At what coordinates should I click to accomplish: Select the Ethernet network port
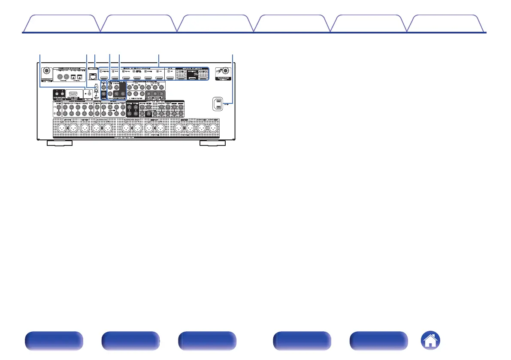pos(92,76)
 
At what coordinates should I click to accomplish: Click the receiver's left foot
pos(59,143)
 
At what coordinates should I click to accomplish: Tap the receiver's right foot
pos(213,143)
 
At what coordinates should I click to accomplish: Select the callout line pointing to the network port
pos(94,60)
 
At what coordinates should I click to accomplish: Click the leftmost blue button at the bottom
pos(53,342)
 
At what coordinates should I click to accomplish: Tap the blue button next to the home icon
pos(378,342)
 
